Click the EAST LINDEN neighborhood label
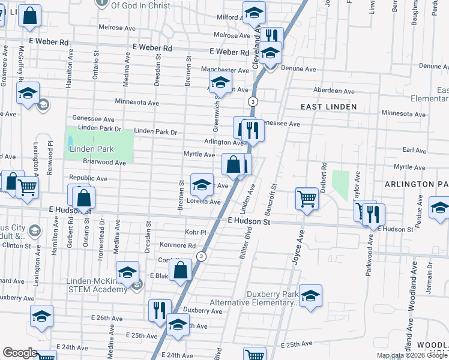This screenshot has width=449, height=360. pyautogui.click(x=329, y=107)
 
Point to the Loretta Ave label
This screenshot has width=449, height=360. pyautogui.click(x=203, y=202)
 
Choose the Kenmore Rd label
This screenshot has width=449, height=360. pyautogui.click(x=178, y=245)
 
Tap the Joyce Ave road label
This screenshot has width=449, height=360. pyautogui.click(x=295, y=247)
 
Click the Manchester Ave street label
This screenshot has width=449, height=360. pyautogui.click(x=224, y=70)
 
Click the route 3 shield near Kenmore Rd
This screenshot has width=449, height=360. pyautogui.click(x=202, y=256)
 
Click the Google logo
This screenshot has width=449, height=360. pyautogui.click(x=20, y=353)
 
